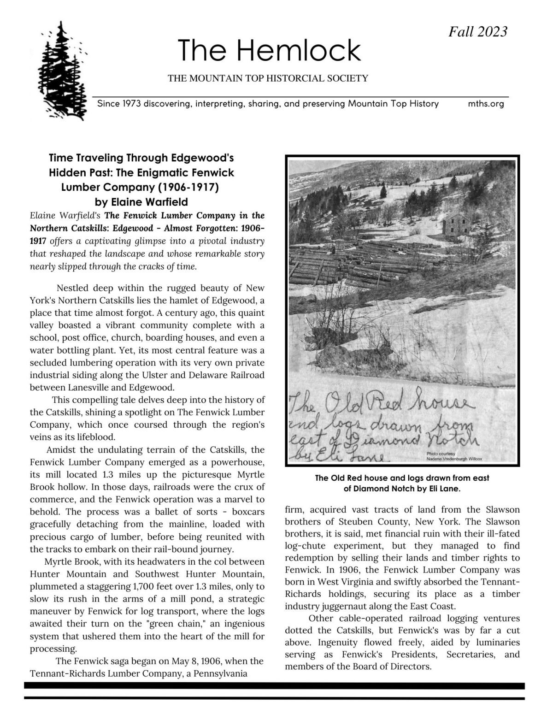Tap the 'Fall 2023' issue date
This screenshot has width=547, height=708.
click(x=478, y=31)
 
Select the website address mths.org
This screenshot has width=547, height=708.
click(x=486, y=104)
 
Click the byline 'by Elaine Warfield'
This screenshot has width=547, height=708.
click(x=141, y=201)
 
